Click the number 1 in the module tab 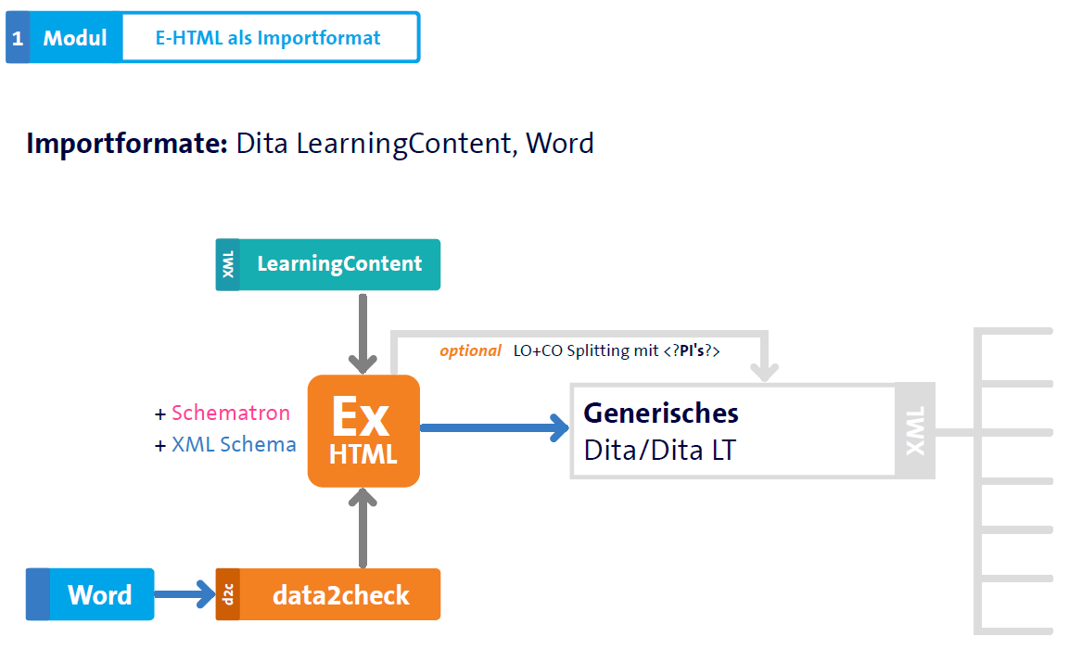[18, 38]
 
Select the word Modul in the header [75, 38]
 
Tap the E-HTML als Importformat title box [268, 38]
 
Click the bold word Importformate [127, 144]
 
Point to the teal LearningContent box [339, 264]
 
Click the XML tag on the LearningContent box [228, 265]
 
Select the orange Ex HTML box [363, 431]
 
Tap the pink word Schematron [231, 414]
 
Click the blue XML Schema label [234, 445]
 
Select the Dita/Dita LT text [659, 451]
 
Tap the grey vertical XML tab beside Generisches [915, 431]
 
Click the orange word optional [470, 352]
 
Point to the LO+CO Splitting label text [617, 352]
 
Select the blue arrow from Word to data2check [184, 594]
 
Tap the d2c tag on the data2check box [228, 594]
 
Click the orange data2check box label [340, 594]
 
